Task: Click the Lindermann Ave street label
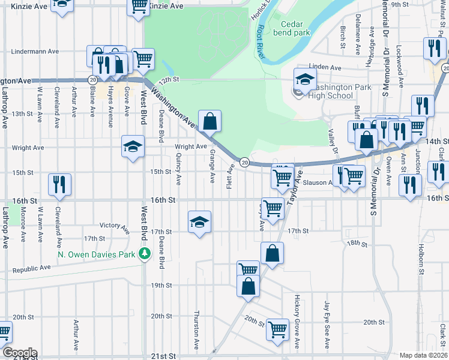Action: click(x=34, y=52)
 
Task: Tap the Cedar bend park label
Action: click(x=295, y=28)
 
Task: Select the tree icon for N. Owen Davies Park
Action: click(x=144, y=254)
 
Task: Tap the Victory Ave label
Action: click(x=115, y=227)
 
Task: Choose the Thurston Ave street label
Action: click(x=196, y=329)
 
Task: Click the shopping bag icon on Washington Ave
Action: click(x=209, y=121)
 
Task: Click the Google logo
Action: click(x=19, y=353)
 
